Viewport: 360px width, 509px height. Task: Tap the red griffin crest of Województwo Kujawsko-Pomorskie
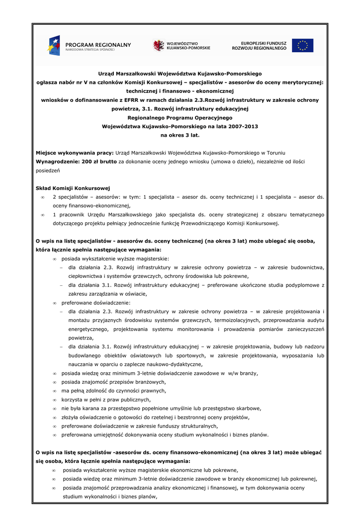coord(159,45)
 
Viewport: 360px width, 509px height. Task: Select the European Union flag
coord(302,45)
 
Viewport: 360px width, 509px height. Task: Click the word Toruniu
coord(273,153)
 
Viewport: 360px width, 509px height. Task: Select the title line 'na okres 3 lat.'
coord(180,135)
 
